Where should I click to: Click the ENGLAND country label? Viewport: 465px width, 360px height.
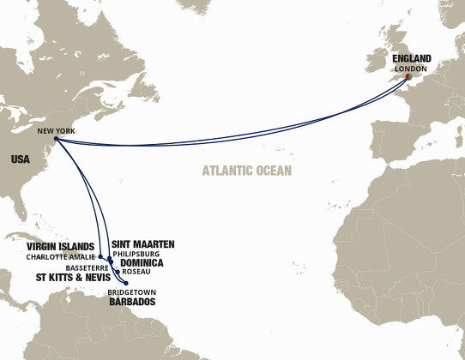tap(412, 59)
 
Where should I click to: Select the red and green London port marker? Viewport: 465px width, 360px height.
tap(408, 78)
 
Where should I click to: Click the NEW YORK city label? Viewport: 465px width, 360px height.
tap(56, 131)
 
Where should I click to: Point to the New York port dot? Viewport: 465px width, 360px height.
tap(54, 140)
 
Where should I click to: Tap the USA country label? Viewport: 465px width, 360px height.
tap(21, 159)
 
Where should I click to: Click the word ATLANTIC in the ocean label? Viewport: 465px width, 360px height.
tap(228, 171)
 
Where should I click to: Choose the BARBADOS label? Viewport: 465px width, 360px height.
tap(133, 303)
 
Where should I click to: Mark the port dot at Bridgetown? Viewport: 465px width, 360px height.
tap(127, 283)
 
